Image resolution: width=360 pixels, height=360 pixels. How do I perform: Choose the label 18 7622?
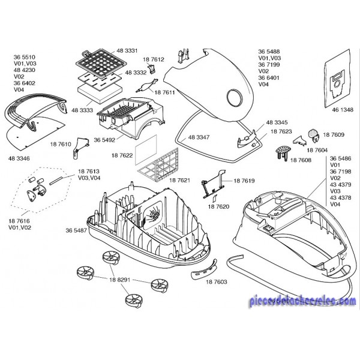click(122, 155)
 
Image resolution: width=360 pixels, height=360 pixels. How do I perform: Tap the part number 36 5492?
click(105, 139)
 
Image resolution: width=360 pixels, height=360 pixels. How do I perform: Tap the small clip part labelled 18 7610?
click(77, 158)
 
